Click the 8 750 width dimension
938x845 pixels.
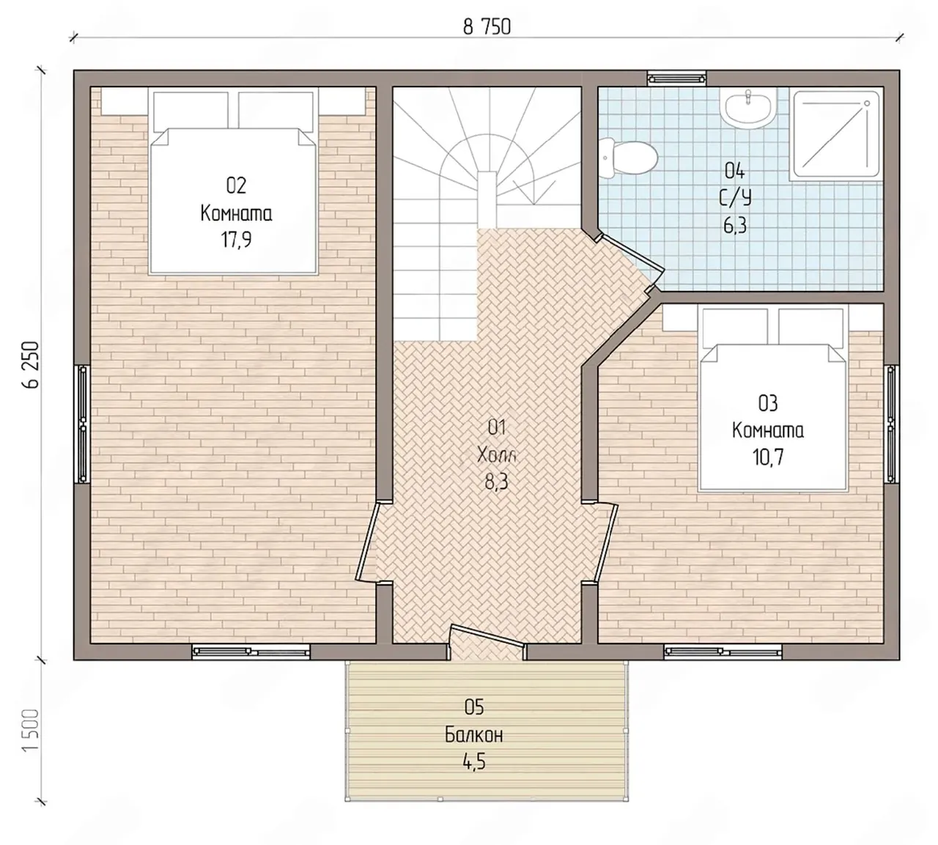[x=487, y=27]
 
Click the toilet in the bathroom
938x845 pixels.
[x=627, y=158]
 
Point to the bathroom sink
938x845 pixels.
[x=749, y=108]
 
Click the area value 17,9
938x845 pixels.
[x=236, y=240]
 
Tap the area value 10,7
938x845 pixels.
[x=768, y=457]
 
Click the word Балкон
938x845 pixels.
[x=473, y=736]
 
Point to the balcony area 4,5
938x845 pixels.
[x=474, y=763]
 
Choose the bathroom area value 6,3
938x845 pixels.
[x=735, y=226]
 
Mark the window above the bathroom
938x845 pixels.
[x=676, y=78]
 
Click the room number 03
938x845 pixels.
[x=768, y=403]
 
